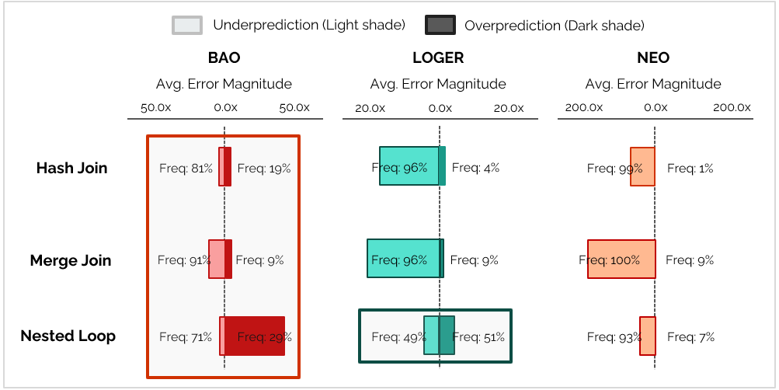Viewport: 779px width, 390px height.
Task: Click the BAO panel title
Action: coord(224,58)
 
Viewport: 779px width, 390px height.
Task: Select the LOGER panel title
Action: coord(438,58)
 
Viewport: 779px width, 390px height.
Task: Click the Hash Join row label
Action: coord(71,168)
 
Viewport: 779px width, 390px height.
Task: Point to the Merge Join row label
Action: coord(71,260)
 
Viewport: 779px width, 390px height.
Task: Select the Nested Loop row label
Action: coord(68,336)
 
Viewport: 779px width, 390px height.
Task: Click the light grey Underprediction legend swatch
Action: coord(187,26)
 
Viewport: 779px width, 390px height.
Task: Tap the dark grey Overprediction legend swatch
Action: coord(440,26)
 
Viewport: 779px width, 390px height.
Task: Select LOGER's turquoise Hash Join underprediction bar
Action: coord(409,165)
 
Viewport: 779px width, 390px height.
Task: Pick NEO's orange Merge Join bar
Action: coord(621,259)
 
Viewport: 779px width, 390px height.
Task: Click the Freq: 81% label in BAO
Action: coord(186,168)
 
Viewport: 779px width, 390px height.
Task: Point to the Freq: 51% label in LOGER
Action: coord(478,337)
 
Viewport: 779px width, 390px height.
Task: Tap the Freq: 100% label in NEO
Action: coord(610,260)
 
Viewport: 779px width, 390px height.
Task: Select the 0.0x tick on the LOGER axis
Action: coord(440,108)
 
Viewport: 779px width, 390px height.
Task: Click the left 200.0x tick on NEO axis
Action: coord(583,108)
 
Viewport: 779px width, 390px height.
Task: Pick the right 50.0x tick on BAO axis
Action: coord(294,108)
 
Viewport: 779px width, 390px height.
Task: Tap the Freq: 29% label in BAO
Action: coord(265,337)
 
